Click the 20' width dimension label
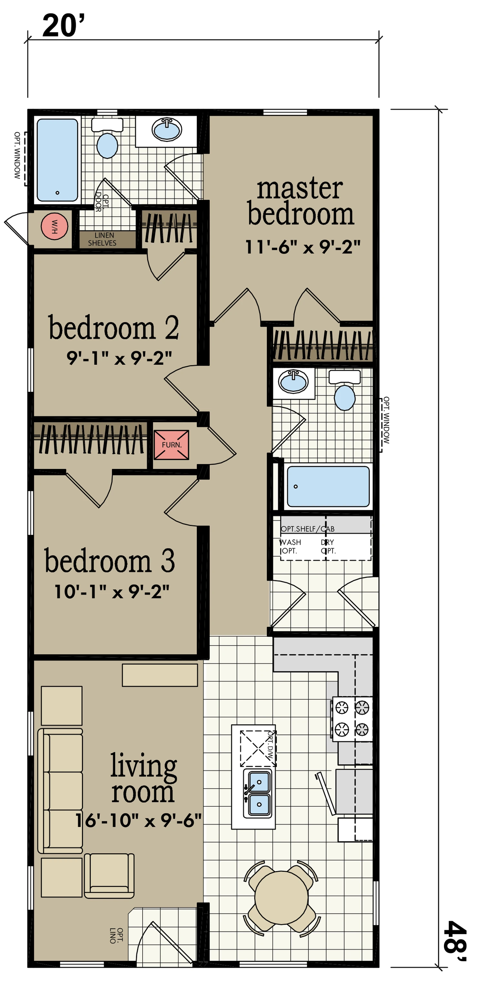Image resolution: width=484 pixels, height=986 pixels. point(63,25)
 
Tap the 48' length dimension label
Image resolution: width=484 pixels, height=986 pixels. point(455,941)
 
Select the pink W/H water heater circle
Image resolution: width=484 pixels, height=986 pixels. point(54,226)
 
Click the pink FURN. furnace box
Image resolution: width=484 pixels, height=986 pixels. point(171,445)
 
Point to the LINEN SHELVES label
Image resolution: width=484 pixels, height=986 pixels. point(103,239)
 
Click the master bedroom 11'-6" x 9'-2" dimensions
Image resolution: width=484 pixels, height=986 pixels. point(303,247)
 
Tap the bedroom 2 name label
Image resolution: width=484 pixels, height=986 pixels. point(114,328)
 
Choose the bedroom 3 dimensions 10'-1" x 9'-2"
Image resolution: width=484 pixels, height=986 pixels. point(112,592)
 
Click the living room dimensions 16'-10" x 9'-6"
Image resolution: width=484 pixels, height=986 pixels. point(138,821)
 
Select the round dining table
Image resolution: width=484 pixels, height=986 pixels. point(281,898)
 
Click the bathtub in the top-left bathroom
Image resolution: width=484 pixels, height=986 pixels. point(57,160)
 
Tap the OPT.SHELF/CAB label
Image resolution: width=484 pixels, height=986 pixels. point(308,529)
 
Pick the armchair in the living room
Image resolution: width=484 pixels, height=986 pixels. point(109,876)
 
